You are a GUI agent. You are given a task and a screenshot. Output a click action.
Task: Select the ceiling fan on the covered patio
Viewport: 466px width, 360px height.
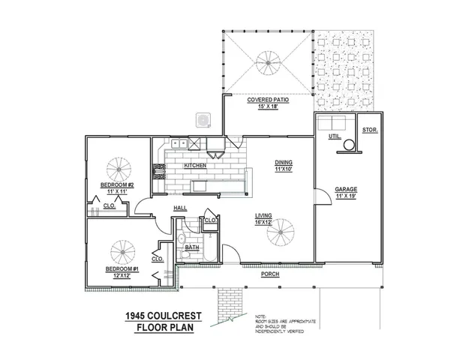pos(265,60)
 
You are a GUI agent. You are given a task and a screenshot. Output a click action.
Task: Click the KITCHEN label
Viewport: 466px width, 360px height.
pos(195,165)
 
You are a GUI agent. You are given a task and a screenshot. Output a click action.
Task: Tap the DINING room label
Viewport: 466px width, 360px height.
pos(283,163)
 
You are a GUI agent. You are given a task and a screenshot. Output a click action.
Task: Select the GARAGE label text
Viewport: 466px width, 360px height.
pos(345,189)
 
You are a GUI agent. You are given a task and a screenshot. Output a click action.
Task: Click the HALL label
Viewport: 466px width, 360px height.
pos(180,208)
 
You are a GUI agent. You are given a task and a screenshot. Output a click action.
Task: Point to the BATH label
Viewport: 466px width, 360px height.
pos(192,247)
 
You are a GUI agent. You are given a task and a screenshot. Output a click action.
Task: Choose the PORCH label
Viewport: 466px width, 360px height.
pos(270,274)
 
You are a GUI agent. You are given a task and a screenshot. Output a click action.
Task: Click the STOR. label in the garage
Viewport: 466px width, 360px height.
pos(369,130)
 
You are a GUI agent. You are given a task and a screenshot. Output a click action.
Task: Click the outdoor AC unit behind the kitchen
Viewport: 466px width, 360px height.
pos(203,119)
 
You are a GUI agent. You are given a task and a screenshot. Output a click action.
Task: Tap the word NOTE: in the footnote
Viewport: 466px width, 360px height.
pos(260,316)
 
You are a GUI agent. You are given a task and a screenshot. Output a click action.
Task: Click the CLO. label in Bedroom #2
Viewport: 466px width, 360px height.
pos(108,203)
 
